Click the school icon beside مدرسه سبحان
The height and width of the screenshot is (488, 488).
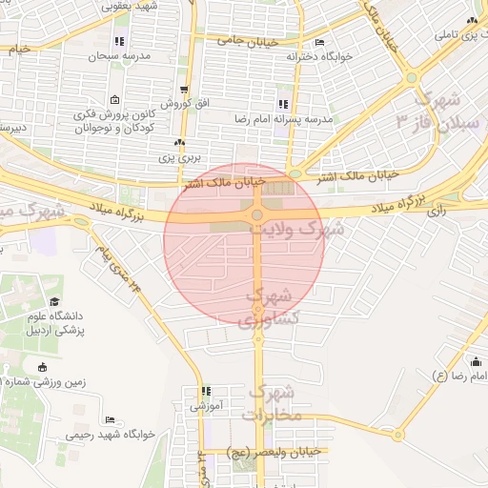(x=119, y=41)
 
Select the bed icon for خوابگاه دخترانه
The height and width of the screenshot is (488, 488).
(x=319, y=43)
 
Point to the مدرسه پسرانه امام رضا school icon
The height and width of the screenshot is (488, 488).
(x=282, y=104)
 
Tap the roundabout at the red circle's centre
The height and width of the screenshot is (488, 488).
(x=256, y=216)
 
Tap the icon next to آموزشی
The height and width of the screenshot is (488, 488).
(x=204, y=391)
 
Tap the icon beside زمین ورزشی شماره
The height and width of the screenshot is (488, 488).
(x=41, y=367)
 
